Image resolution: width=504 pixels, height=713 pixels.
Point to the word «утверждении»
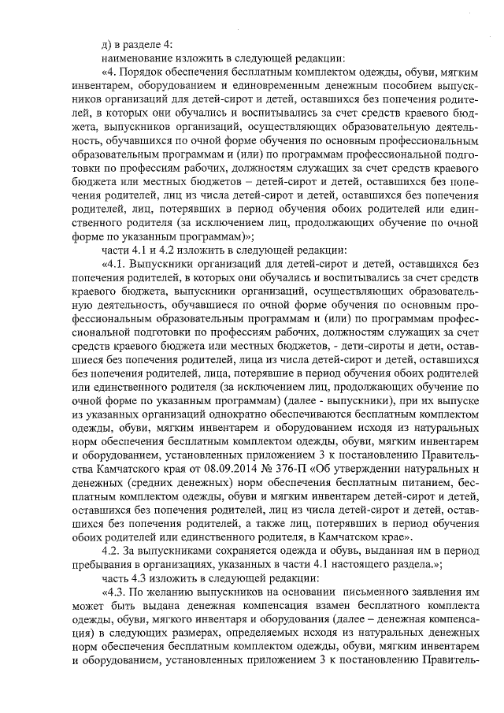pos(352,467)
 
